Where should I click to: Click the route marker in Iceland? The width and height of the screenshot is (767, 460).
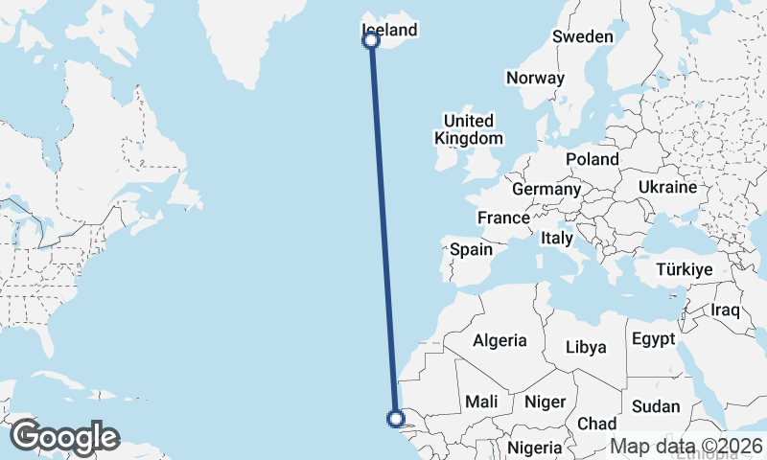coord(371,40)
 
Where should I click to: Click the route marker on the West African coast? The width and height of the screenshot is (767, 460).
coord(394,418)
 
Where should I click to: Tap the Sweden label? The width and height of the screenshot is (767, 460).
coord(582,37)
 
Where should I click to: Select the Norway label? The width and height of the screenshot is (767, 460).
coord(535,79)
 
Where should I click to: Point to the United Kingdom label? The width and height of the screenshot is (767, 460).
coord(468,129)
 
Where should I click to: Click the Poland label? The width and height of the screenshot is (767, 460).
coord(592,159)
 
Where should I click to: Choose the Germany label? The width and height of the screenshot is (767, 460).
coord(546,190)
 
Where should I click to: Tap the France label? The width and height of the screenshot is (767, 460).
coord(503,218)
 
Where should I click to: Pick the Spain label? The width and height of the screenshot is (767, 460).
coord(471,249)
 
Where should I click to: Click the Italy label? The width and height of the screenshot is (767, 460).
coord(556,238)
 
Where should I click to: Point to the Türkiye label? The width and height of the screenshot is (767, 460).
coord(684,270)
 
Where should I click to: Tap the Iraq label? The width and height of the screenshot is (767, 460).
coord(726,310)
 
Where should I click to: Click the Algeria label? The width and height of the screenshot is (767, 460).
coord(500,340)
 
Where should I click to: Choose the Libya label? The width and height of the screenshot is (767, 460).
coord(586,347)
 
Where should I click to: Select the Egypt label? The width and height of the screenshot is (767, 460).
coord(653,339)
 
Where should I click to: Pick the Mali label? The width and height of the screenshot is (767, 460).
coord(479,402)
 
